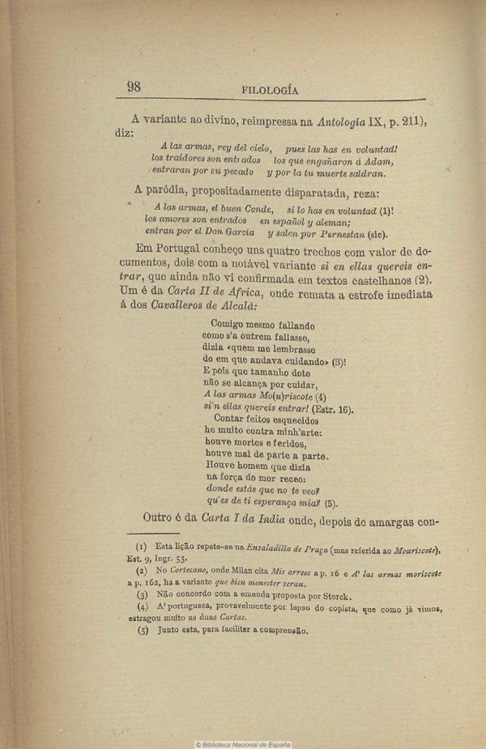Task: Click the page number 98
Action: (134, 88)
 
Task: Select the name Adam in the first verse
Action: (377, 160)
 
